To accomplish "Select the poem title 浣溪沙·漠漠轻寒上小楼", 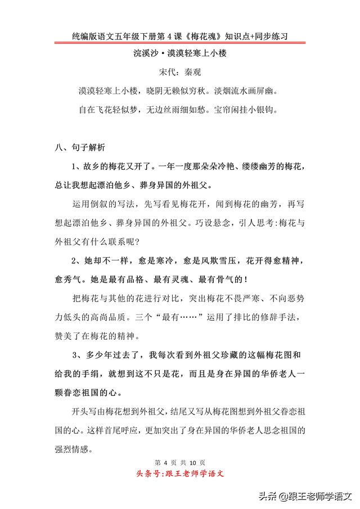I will point(180,55).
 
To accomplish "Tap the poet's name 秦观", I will point(193,73).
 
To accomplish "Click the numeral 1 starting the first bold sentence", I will point(74,167).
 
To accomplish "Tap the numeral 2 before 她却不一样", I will point(74,260).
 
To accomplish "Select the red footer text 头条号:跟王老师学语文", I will point(180,474).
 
